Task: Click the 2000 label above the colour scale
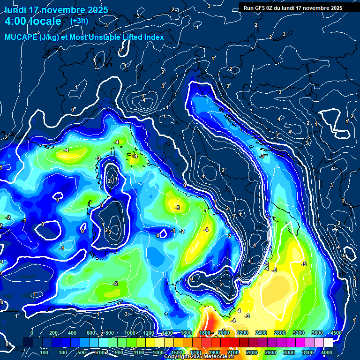click(223, 333)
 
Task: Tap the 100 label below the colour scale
click(45, 352)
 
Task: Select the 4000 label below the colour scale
click(327, 352)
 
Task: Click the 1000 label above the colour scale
click(129, 333)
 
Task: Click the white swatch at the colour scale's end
click(328, 343)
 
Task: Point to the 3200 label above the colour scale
click(298, 333)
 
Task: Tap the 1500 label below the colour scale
click(176, 352)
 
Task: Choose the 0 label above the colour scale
click(32, 333)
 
